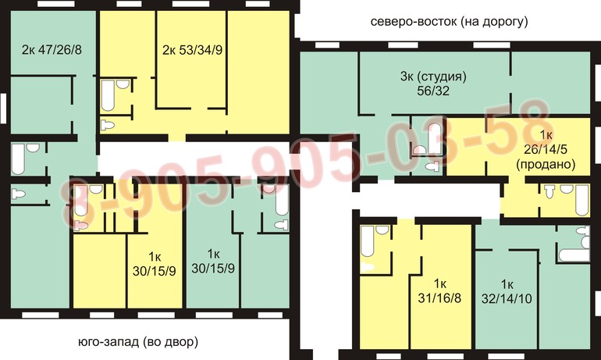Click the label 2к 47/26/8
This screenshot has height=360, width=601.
click(52, 50)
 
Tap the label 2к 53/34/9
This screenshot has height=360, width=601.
click(193, 50)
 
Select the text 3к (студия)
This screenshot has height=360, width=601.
click(433, 77)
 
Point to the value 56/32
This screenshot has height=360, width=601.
click(433, 91)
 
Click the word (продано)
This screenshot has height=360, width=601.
click(546, 165)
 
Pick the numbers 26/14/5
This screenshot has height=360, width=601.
click(546, 149)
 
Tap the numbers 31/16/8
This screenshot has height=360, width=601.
click(439, 298)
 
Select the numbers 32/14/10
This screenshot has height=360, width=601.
click(507, 298)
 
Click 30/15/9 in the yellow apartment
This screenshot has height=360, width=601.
click(155, 271)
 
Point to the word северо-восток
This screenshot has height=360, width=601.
click(414, 21)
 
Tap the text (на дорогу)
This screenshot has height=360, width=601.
click(494, 22)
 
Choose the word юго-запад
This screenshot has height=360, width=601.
click(108, 341)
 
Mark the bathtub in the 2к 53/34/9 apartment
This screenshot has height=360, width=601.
click(108, 95)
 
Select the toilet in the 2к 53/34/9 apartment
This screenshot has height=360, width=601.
click(108, 125)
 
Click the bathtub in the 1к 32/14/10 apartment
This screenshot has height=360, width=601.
click(574, 255)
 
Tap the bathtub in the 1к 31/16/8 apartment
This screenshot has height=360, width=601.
click(367, 241)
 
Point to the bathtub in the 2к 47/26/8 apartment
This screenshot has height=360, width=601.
click(18, 159)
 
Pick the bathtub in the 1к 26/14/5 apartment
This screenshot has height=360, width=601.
click(582, 201)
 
